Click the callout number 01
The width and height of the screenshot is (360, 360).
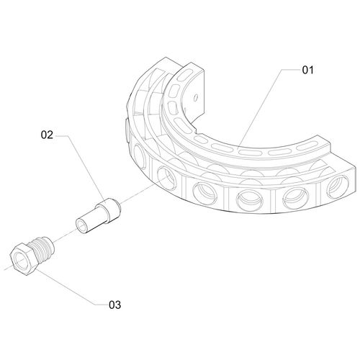click(x=307, y=70)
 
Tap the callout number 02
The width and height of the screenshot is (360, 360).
click(x=47, y=135)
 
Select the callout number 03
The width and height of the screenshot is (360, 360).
click(x=114, y=305)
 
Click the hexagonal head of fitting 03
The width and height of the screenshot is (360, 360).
click(x=24, y=259)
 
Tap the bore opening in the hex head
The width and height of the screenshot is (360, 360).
click(x=22, y=261)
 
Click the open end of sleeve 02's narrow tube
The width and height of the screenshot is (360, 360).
click(x=81, y=225)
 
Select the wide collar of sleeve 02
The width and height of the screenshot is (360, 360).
click(x=109, y=210)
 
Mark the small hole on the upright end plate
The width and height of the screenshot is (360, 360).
click(x=196, y=97)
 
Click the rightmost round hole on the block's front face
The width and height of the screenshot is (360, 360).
click(x=338, y=186)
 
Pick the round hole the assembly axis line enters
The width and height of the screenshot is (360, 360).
click(x=167, y=179)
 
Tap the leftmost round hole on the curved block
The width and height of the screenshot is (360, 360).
click(x=140, y=157)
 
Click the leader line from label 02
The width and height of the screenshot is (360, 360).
click(x=81, y=167)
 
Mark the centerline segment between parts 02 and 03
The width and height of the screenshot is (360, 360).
click(x=65, y=235)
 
